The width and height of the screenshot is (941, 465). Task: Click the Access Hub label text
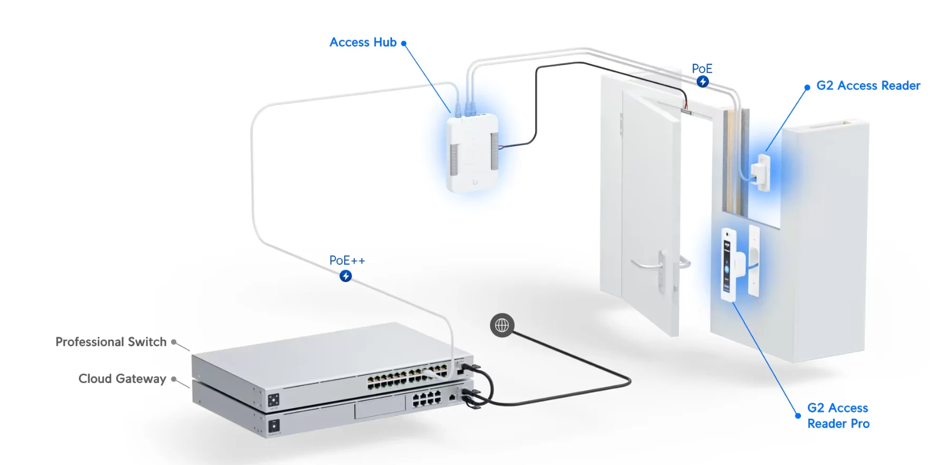(x=363, y=43)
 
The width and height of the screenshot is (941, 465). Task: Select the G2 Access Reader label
(x=868, y=86)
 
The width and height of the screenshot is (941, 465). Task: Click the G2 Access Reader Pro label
(x=838, y=416)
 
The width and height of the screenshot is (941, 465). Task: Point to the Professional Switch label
(x=111, y=342)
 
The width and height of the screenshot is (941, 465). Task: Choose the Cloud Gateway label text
(x=122, y=379)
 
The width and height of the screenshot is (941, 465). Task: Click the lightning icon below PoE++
(x=346, y=276)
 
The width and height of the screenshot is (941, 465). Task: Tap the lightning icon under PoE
(x=703, y=82)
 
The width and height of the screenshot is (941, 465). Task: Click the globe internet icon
(x=502, y=326)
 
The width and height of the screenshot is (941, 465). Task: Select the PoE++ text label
(x=347, y=260)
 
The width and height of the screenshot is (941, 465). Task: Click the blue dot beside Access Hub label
(x=404, y=44)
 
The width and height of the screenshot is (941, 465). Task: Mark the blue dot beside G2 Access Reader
(x=807, y=87)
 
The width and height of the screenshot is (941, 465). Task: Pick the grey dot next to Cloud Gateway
(x=174, y=379)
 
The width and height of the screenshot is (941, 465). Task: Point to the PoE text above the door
(x=702, y=69)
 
